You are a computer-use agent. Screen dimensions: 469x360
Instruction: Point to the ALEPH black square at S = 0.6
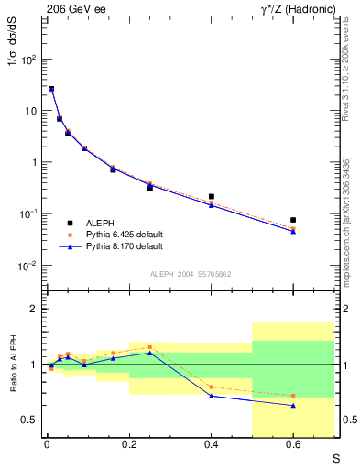coord(293,220)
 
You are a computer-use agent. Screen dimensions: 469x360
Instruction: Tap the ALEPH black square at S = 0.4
coord(212,196)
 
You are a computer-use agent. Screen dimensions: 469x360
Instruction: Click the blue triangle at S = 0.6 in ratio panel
coord(293,405)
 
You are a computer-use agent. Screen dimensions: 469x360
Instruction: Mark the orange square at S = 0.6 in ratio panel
coord(293,396)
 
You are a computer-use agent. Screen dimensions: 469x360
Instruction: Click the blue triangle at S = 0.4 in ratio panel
coord(212,396)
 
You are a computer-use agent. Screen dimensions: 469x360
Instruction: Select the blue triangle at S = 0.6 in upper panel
coord(293,231)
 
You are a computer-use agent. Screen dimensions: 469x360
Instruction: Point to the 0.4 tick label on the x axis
coord(212,446)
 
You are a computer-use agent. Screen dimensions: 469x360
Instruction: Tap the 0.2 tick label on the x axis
coord(129,446)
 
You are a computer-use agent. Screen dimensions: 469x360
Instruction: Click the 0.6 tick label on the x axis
coord(293,446)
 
